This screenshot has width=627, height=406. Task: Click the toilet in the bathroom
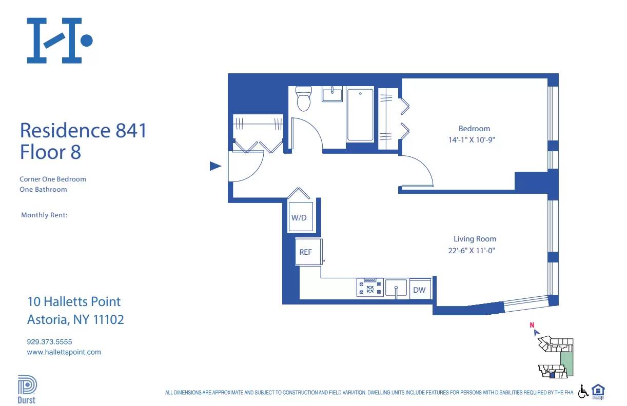click(304, 99)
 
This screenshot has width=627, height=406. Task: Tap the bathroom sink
click(332, 94)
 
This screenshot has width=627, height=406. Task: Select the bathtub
click(360, 115)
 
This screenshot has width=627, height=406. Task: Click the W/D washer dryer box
click(299, 217)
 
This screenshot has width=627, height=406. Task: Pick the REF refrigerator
click(306, 252)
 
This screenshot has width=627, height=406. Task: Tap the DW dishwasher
click(419, 290)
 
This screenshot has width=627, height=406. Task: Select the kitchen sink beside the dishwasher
click(396, 288)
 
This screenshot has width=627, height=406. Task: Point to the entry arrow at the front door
click(215, 166)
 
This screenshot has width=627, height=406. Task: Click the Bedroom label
click(474, 129)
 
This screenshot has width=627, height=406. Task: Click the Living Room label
click(475, 239)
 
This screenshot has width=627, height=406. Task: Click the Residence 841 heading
click(83, 130)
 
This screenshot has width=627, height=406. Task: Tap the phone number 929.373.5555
click(49, 341)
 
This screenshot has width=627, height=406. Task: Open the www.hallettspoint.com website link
click(64, 352)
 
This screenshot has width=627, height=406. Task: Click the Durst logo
click(27, 390)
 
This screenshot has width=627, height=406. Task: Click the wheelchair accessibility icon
click(583, 392)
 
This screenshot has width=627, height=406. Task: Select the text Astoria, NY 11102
click(75, 320)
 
